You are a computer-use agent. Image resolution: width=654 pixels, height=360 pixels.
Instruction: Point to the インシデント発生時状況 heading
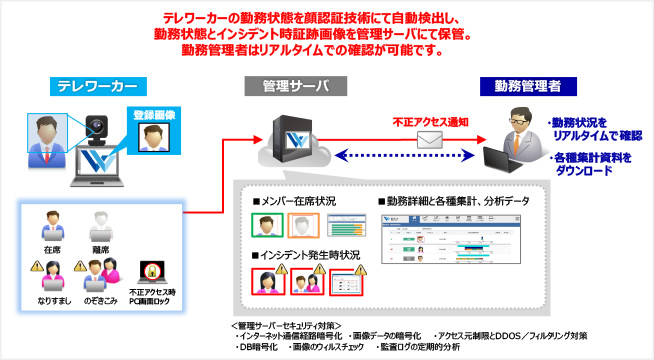[x=306, y=255]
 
